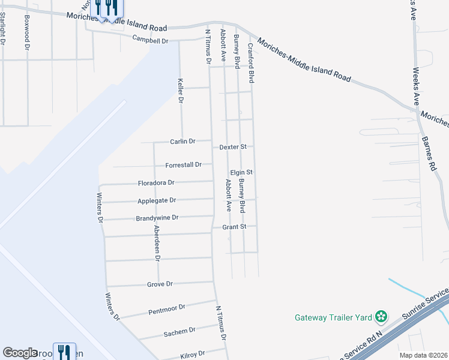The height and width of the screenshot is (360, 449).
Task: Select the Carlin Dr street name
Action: pos(182,142)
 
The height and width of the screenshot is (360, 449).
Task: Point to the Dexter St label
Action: pos(233,146)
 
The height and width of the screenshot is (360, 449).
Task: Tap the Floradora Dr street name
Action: pos(156,182)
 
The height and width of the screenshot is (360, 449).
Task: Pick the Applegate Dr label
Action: pos(157,200)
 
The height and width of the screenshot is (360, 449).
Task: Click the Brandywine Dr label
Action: pos(157,218)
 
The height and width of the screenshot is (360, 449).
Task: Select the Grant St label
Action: pos(235,227)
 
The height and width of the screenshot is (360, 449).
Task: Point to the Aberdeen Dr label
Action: pos(157,242)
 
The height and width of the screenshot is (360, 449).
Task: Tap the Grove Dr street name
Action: pos(160,284)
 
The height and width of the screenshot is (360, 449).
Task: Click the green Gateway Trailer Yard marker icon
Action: pos(380,316)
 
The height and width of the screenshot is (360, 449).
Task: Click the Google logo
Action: pos(20,353)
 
